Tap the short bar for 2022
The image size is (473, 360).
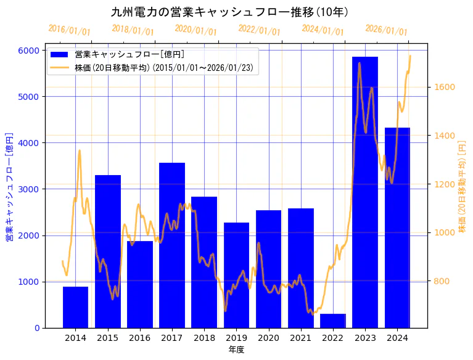[x=333, y=321]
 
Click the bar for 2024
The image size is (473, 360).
[x=397, y=227]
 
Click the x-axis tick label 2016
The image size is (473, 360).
[x=140, y=338]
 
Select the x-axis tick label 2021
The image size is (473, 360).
[x=301, y=338]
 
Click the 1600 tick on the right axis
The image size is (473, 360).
[x=445, y=87]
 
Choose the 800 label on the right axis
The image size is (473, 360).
[x=442, y=282]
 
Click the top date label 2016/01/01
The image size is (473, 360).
[x=69, y=30]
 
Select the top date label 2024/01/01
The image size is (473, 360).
[x=323, y=30]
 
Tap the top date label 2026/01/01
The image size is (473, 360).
[x=386, y=30]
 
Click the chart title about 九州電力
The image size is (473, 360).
[x=229, y=12]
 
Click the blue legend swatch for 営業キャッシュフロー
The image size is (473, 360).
[x=60, y=55]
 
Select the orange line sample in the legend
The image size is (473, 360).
[x=60, y=67]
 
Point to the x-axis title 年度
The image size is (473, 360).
[x=236, y=350]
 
